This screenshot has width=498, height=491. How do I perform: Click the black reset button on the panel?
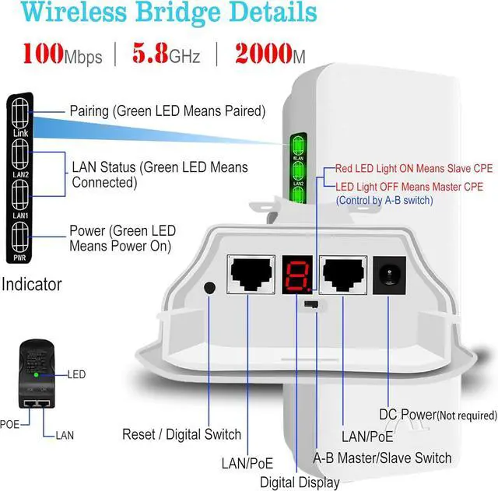pos(209,287)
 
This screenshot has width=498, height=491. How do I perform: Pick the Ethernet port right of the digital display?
pos(342,272)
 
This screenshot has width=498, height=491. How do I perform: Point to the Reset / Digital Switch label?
pos(181,434)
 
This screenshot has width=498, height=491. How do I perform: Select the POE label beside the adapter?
pos(9,425)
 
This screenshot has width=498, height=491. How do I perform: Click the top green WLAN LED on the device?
pos(297,146)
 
